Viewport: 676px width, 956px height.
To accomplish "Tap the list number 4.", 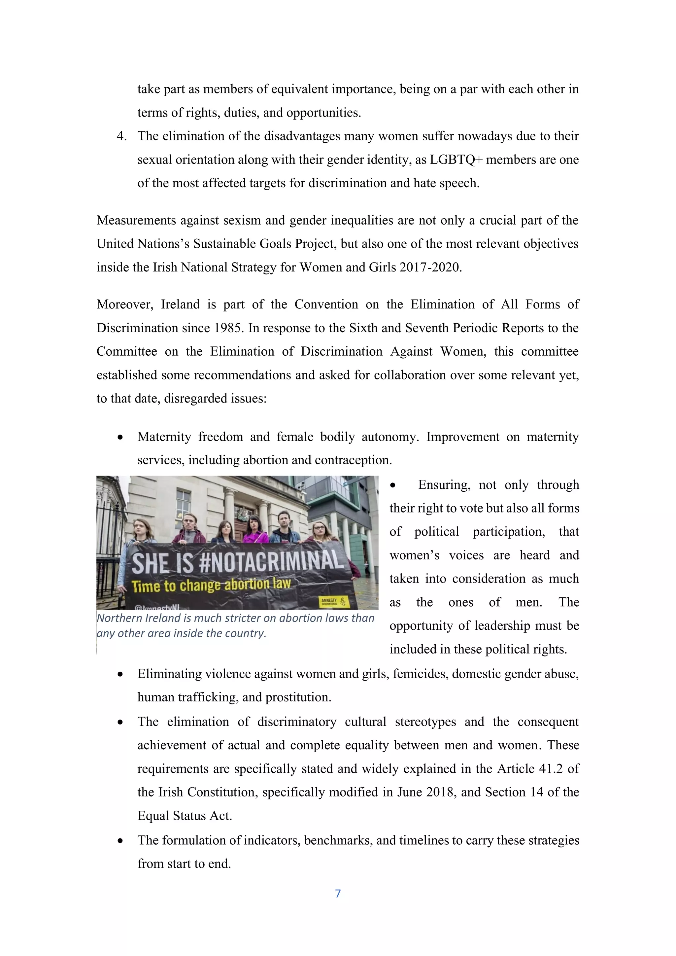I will pos(121,136).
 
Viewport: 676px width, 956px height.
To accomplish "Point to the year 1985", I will pos(228,328).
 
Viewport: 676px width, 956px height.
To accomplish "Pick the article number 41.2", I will pos(551,769).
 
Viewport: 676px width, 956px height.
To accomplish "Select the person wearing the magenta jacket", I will pos(255,531).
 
